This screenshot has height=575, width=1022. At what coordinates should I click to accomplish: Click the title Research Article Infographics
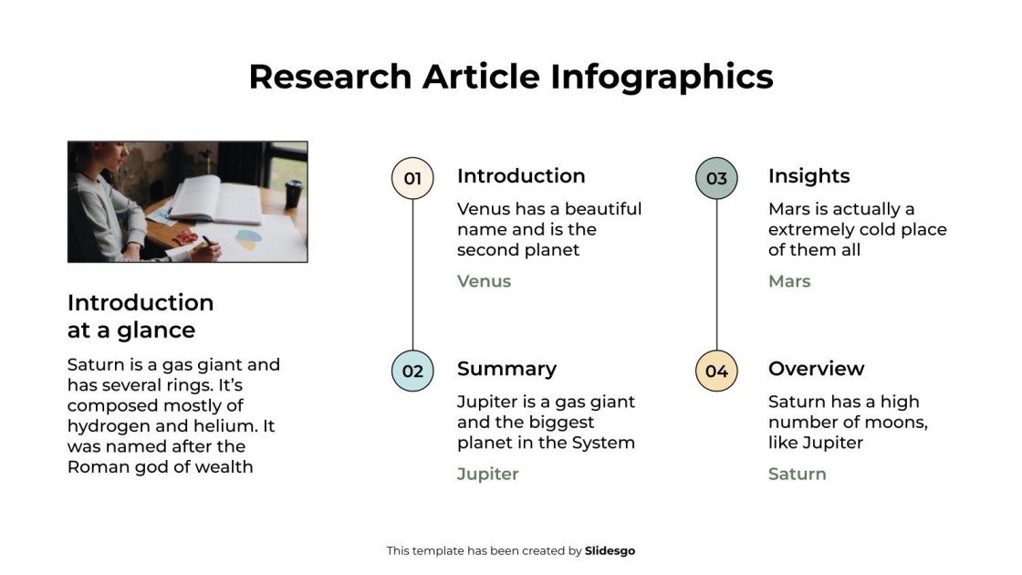click(x=510, y=77)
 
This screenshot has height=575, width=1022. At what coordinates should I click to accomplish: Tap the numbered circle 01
click(x=412, y=178)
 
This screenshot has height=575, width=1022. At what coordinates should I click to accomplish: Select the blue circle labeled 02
click(x=412, y=371)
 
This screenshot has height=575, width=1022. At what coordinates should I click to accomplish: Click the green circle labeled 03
click(x=716, y=178)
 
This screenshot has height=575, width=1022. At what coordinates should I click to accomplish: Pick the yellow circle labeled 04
click(x=716, y=371)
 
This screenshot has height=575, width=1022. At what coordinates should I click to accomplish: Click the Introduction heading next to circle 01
click(x=521, y=176)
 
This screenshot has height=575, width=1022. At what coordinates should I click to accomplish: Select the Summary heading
click(x=506, y=369)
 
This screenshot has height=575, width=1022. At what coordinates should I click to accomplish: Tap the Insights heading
click(x=808, y=176)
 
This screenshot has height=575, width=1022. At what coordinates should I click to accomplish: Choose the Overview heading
click(x=816, y=369)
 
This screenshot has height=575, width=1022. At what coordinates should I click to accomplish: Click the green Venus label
click(x=484, y=281)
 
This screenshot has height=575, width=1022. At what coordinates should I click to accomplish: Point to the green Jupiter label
click(x=487, y=474)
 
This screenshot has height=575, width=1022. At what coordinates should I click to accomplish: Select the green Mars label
click(x=789, y=281)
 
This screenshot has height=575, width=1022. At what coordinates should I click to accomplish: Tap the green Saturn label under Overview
click(x=797, y=474)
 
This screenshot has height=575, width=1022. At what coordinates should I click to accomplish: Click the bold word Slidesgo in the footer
click(x=610, y=550)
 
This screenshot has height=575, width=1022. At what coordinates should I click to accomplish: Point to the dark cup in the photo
click(x=293, y=193)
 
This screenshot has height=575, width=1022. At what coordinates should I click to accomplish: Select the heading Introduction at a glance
click(x=141, y=316)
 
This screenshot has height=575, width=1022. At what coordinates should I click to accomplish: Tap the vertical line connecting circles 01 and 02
click(x=412, y=274)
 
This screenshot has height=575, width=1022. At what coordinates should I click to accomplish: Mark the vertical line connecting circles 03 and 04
click(x=716, y=274)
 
